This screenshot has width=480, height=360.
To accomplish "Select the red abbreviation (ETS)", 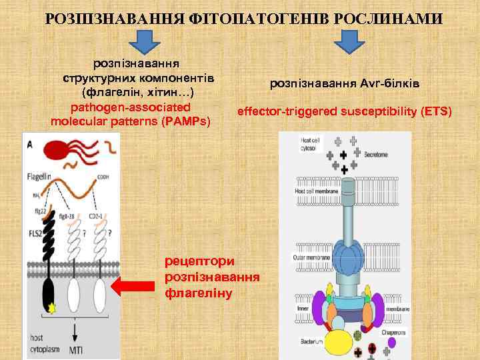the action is pyautogui.click(x=436, y=110).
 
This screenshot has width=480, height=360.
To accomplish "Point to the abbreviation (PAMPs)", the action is pyautogui.click(x=190, y=121).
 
